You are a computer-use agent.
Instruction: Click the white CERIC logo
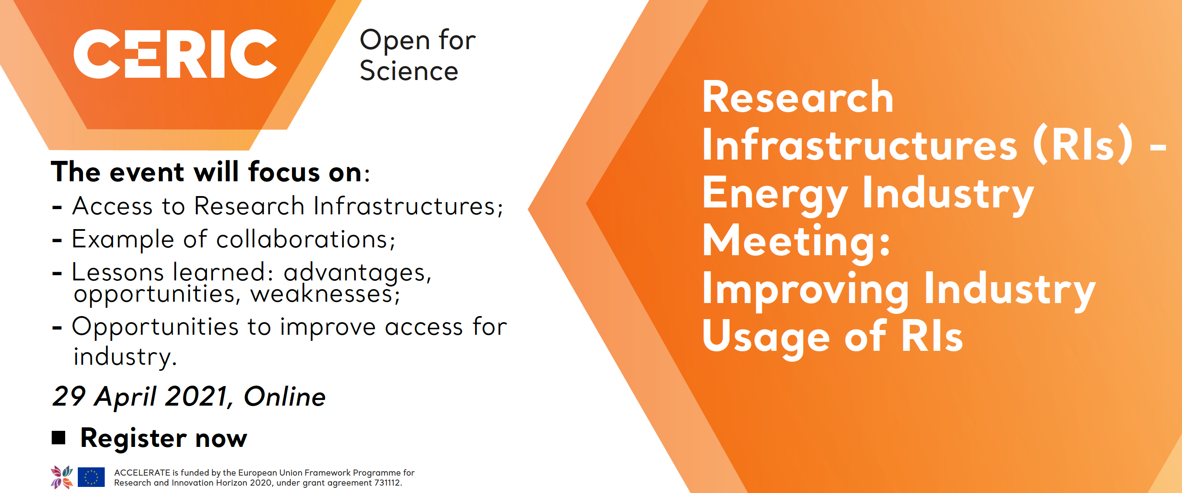(x=175, y=54)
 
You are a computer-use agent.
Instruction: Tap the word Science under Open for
(x=409, y=71)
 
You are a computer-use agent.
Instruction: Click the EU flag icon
(x=91, y=477)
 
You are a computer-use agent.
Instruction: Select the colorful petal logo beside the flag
(x=62, y=477)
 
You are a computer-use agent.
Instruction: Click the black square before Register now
(x=58, y=438)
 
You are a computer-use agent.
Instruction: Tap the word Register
(x=133, y=438)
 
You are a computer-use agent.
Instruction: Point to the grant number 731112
(x=387, y=483)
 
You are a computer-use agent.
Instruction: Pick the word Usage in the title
(x=766, y=337)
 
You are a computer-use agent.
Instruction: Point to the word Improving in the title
(x=806, y=290)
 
